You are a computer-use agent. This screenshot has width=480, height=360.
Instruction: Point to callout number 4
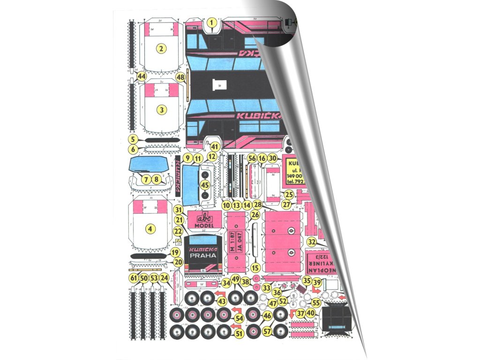pos(150,229)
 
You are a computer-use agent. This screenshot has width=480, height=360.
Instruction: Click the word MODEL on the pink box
pos(204,225)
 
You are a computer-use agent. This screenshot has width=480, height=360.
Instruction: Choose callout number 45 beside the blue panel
pos(204,185)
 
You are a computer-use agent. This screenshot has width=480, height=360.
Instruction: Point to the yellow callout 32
pos(311,242)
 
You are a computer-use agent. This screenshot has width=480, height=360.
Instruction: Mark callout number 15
pos(255,268)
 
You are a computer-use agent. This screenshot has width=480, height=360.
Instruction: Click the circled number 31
pos(178,209)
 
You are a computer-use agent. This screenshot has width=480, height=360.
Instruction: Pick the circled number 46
pos(267,316)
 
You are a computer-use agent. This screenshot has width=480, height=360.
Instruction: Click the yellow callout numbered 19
pos(175,253)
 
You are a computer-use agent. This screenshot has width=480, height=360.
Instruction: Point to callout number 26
pos(255,215)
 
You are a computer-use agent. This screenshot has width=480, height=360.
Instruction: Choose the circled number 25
pos(289,194)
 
